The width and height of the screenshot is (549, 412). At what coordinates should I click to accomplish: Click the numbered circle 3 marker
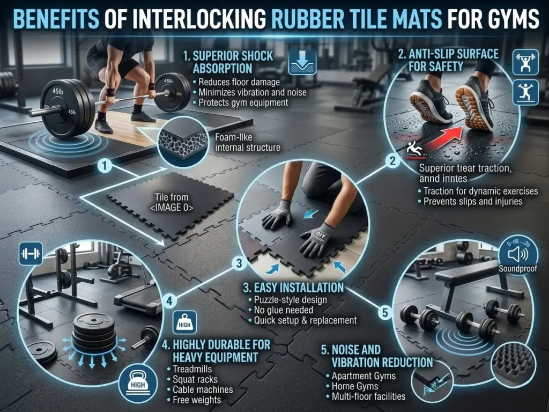pos(240,263)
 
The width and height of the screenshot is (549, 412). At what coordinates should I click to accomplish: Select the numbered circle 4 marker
pos(170,300)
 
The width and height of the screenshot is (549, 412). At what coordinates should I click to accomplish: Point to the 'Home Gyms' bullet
pos(355,386)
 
